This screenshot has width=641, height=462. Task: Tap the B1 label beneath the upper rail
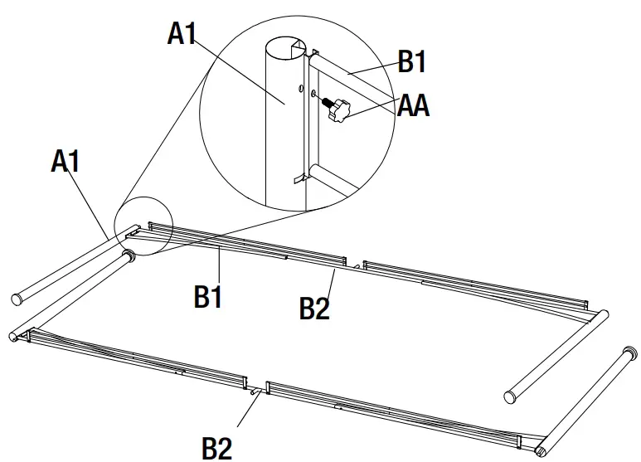coord(209,294)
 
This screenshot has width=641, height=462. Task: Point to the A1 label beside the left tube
coord(66,161)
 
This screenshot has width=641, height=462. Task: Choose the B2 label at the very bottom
coord(218,448)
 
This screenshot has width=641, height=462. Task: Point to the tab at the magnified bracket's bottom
coord(299,176)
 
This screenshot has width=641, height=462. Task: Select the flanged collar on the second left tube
coord(129,257)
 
